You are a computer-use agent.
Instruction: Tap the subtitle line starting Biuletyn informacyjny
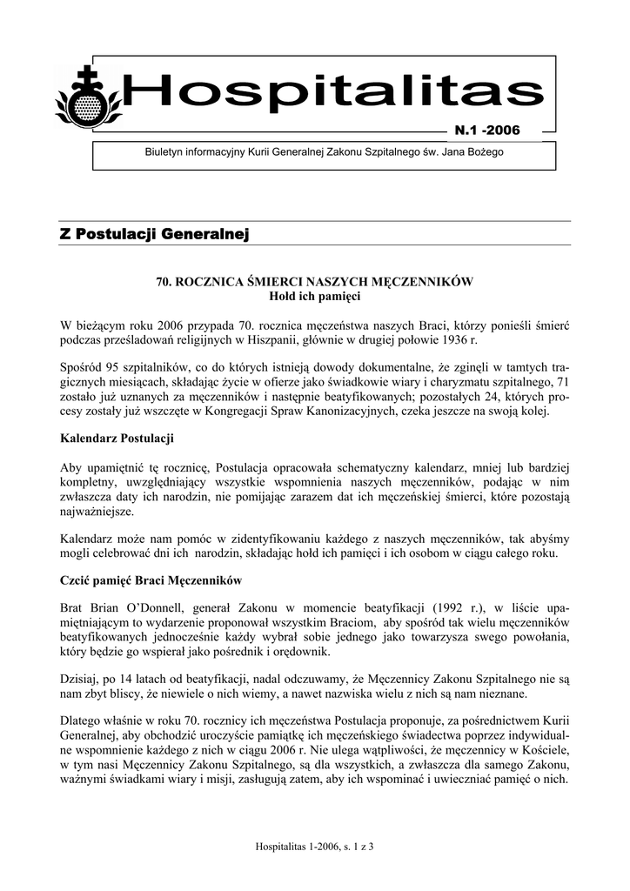pyautogui.click(x=324, y=152)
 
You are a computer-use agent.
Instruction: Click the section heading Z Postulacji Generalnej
pyautogui.click(x=155, y=233)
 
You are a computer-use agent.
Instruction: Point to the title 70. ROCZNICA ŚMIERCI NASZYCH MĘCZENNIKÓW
pyautogui.click(x=314, y=281)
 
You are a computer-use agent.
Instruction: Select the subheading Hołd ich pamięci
pyautogui.click(x=314, y=297)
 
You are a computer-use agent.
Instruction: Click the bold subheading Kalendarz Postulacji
pyautogui.click(x=117, y=437)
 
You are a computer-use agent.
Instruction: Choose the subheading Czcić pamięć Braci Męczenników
pyautogui.click(x=151, y=579)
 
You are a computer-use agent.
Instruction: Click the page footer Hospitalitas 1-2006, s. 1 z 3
pyautogui.click(x=315, y=846)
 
